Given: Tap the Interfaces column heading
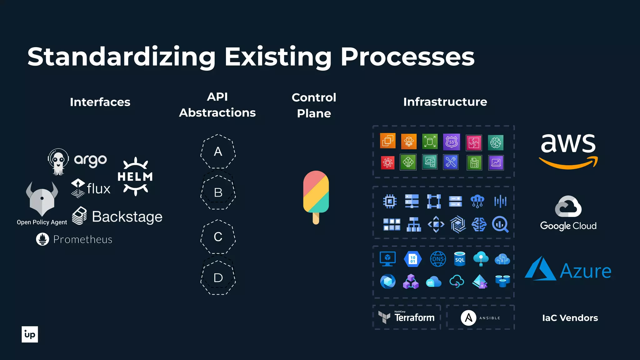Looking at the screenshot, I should click(100, 102).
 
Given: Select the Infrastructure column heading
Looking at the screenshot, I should click(445, 102).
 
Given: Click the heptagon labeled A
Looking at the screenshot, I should click(218, 152).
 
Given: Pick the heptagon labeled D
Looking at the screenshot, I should click(218, 278).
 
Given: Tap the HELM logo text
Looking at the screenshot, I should click(135, 177).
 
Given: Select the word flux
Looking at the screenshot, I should click(98, 189).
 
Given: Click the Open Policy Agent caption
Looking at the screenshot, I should click(42, 222).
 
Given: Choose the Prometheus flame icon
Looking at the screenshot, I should click(42, 239).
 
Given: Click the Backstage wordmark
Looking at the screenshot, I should click(127, 217).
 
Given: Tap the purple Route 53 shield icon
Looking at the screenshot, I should click(452, 142).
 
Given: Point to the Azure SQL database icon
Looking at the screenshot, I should click(460, 259).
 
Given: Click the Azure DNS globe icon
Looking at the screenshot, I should click(438, 259).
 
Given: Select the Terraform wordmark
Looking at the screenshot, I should click(414, 318).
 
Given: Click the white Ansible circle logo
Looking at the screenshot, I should click(468, 318).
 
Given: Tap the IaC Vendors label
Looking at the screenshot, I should click(570, 318).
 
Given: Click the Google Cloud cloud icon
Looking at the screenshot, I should click(568, 207).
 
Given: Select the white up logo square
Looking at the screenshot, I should click(30, 334).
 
